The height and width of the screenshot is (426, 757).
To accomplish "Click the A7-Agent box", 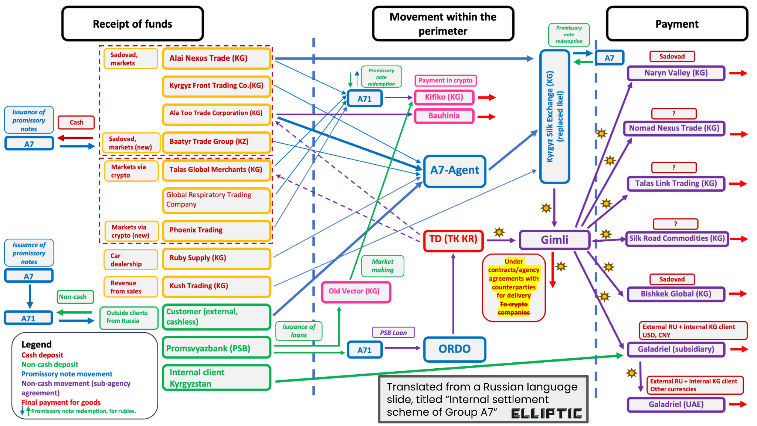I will [x=454, y=171].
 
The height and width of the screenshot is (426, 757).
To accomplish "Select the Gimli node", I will [x=554, y=240].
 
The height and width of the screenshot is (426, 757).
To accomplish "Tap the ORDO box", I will [x=454, y=349].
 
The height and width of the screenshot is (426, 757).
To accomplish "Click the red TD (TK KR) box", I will [x=453, y=239].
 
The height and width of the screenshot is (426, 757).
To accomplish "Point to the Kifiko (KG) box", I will [x=444, y=97].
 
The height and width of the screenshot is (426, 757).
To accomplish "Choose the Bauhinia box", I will [x=444, y=116].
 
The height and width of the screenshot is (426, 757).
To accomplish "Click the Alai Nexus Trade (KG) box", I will [x=217, y=58].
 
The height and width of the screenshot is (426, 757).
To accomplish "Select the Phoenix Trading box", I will [x=217, y=230].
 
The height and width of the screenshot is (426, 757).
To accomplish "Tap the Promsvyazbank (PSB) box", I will [x=217, y=348].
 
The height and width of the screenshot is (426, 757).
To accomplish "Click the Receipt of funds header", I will [x=132, y=24].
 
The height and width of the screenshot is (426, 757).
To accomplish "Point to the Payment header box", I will [x=676, y=24].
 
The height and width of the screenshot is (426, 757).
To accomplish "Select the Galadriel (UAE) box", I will [x=676, y=405].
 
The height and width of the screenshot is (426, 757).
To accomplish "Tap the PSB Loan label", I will [x=393, y=333].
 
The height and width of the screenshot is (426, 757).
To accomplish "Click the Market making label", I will [x=383, y=266].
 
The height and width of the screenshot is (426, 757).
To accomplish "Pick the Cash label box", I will [x=76, y=123].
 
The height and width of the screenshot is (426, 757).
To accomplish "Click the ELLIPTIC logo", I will [x=546, y=413].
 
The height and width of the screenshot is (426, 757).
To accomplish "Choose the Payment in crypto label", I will [x=445, y=81].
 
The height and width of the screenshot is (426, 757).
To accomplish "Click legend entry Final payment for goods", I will [x=61, y=402].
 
